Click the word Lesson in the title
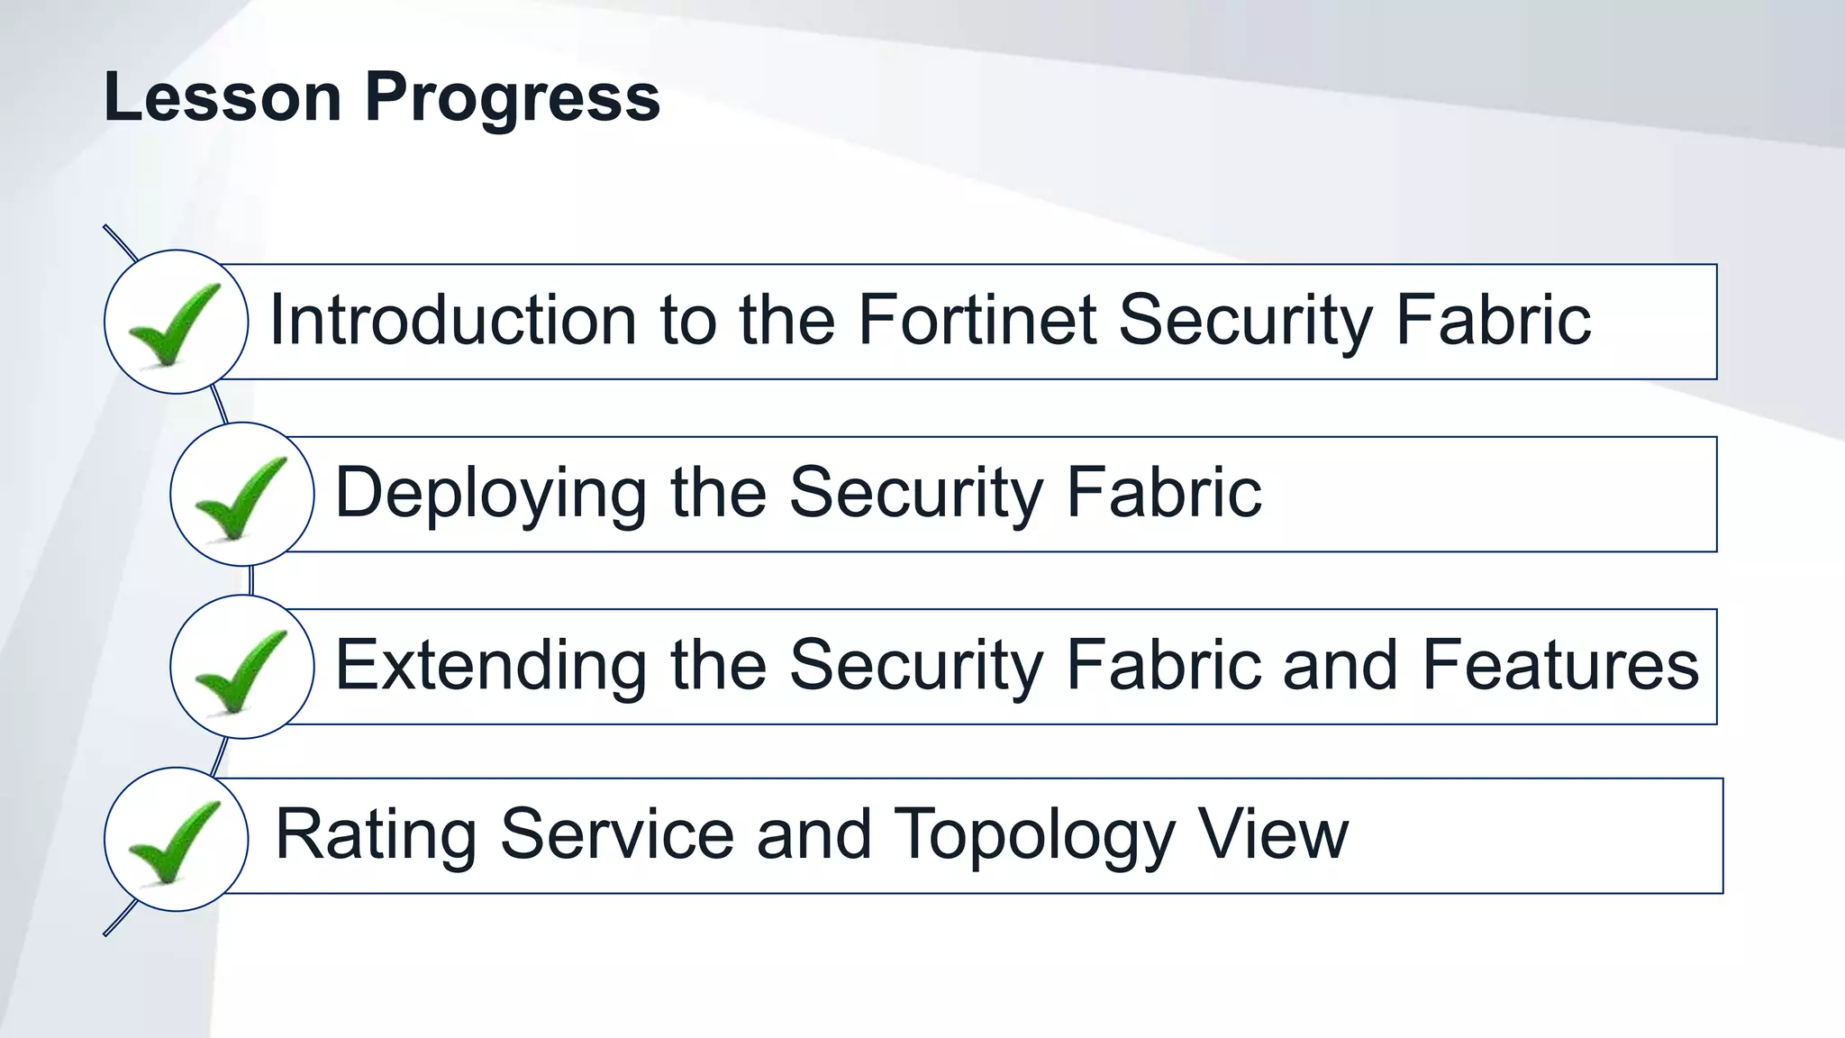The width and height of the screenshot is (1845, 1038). [223, 97]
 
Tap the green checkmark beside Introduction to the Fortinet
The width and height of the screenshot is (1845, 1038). [175, 323]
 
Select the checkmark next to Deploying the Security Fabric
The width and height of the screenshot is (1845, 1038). [241, 496]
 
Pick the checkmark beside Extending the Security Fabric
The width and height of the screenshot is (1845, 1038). [241, 668]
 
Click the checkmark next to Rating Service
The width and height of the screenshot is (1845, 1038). [175, 840]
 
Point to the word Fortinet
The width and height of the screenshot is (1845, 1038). [977, 320]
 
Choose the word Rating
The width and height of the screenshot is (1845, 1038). [376, 835]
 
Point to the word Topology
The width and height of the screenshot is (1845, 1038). [1034, 835]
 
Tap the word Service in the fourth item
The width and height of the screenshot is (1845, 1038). [617, 835]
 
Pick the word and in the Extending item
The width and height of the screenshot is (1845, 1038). [1340, 666]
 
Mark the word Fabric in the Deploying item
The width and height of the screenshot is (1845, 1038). [1164, 494]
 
